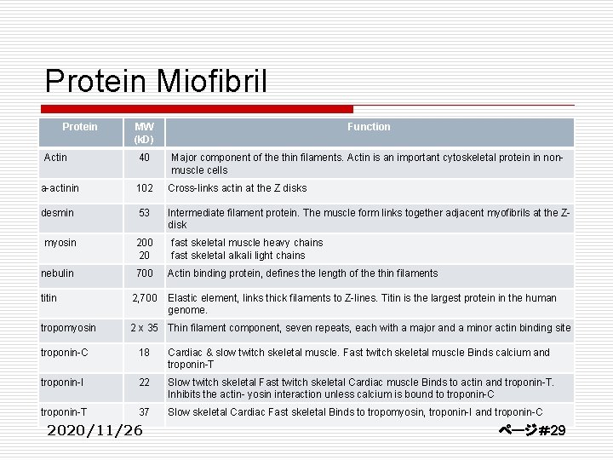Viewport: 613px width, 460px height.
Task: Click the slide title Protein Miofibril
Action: pos(157,81)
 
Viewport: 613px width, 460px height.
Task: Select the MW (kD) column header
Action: pos(144,132)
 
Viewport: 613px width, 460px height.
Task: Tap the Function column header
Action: pos(369,127)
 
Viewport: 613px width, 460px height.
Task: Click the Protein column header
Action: pos(80,127)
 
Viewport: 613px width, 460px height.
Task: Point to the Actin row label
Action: pos(56,157)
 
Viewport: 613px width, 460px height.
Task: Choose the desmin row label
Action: pos(57,212)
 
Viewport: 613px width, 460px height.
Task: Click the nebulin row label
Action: pos(58,273)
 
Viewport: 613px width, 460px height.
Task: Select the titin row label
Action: pos(49,298)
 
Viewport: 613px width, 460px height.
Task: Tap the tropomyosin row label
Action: pos(69,328)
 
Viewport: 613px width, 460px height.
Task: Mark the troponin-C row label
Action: pos(64,353)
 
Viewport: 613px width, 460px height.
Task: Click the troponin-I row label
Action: pos(63,382)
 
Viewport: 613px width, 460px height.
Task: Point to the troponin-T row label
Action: pos(64,412)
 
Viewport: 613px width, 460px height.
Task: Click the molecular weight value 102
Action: pos(144,188)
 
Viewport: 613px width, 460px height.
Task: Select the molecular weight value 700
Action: pos(144,273)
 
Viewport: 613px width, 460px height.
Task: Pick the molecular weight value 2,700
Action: pos(144,298)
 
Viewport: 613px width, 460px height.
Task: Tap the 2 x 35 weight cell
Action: pos(144,328)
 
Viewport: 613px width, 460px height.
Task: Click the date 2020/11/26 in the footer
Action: pos(95,430)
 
